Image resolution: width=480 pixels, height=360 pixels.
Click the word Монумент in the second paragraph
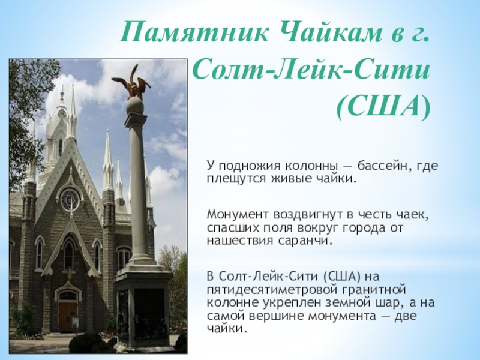(237, 215)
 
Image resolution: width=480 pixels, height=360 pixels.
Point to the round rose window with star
(70, 200)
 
